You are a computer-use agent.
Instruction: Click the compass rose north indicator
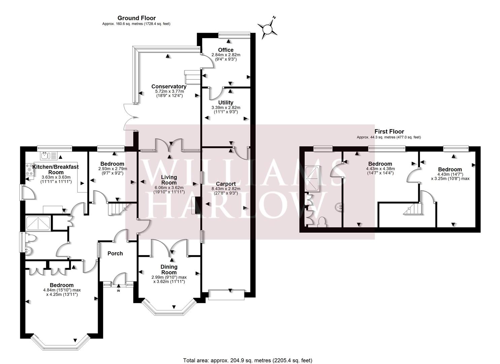268,28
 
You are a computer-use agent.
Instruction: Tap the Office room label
226,50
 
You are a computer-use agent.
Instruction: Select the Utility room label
226,102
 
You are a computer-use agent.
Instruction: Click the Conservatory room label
169,86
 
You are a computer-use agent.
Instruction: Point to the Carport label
226,184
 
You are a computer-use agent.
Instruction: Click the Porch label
115,253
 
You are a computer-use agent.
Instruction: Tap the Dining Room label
169,270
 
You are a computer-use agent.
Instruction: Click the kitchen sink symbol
49,156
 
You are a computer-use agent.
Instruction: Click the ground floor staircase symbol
115,209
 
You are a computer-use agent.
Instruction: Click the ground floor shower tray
38,223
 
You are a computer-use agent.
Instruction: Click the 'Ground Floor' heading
136,18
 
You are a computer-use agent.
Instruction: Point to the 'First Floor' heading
389,131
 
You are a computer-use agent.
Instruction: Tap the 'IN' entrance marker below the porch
118,291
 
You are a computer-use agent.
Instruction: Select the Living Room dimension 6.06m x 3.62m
169,188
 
